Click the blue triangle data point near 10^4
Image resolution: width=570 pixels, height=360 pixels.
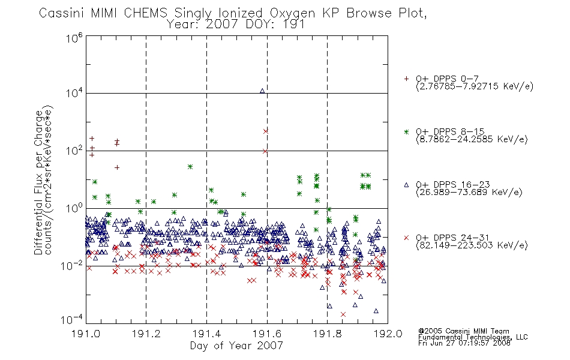pyautogui.click(x=262, y=91)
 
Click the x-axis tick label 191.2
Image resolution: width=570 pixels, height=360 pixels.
pyautogui.click(x=146, y=334)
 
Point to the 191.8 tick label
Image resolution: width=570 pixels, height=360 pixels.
pyautogui.click(x=327, y=334)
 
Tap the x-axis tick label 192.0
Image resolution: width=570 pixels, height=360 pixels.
pyautogui.click(x=388, y=334)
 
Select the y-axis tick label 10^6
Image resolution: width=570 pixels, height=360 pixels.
pyautogui.click(x=74, y=38)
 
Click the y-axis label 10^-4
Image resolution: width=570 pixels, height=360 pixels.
pyautogui.click(x=71, y=319)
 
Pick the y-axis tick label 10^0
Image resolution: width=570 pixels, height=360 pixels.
pyautogui.click(x=74, y=208)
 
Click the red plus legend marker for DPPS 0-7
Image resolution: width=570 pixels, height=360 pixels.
pyautogui.click(x=406, y=79)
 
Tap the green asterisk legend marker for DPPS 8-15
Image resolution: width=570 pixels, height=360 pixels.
pyautogui.click(x=406, y=131)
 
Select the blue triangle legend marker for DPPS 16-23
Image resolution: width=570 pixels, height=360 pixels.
pyautogui.click(x=406, y=185)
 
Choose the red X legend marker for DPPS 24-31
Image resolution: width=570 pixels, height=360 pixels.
pyautogui.click(x=406, y=238)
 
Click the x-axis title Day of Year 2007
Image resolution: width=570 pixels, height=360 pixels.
pyautogui.click(x=236, y=346)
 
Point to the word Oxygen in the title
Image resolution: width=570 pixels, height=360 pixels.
pyautogui.click(x=292, y=13)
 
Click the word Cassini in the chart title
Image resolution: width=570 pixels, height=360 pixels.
pyautogui.click(x=61, y=13)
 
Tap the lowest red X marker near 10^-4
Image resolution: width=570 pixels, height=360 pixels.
pyautogui.click(x=343, y=314)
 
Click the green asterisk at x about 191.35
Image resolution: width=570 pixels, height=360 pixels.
pyautogui.click(x=190, y=167)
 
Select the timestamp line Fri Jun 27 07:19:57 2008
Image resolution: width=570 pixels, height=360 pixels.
pyautogui.click(x=464, y=343)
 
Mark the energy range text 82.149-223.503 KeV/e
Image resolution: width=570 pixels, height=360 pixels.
pyautogui.click(x=472, y=245)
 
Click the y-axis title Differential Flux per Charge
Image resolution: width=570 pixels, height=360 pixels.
pyautogui.click(x=39, y=182)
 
